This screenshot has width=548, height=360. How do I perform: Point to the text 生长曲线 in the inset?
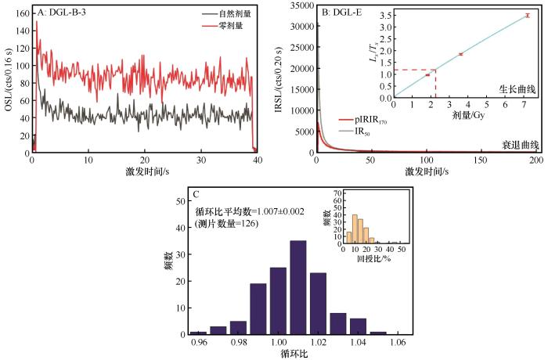[x=515, y=90]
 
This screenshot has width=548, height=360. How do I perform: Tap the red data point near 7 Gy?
[x=528, y=16]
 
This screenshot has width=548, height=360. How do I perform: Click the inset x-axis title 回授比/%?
[x=373, y=257]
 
